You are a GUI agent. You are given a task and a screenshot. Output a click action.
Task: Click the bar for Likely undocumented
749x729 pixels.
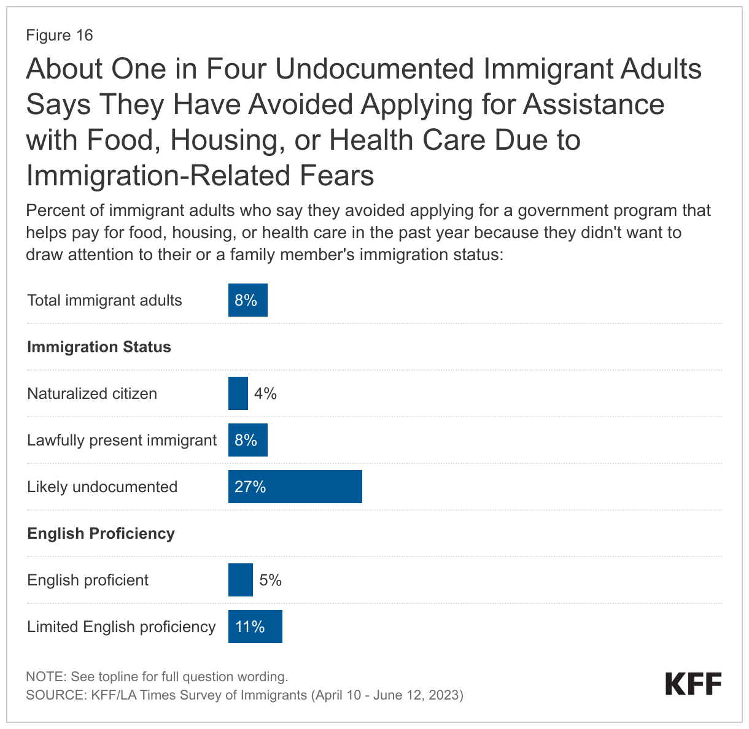295,487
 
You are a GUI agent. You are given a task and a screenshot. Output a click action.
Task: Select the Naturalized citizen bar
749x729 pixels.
238,393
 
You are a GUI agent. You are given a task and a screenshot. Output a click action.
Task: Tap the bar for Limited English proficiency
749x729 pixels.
255,627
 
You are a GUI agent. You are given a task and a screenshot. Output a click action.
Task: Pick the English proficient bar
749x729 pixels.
240,580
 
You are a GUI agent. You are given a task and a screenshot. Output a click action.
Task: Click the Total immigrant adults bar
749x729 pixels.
247,300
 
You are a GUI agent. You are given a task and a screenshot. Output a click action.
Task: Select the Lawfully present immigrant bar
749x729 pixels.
247,440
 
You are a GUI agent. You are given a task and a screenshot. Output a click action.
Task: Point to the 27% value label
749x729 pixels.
250,487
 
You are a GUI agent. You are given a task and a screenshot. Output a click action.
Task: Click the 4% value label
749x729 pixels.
265,393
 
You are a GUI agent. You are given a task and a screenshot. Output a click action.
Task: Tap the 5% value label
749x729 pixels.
270,580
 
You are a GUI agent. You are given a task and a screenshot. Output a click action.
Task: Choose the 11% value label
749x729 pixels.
250,627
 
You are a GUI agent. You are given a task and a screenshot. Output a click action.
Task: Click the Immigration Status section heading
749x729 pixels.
99,347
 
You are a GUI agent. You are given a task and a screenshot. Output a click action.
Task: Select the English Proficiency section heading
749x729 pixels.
101,533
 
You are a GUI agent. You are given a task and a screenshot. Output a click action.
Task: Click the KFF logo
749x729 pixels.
693,684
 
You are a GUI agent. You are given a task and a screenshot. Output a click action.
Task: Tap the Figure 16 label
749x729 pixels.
59,35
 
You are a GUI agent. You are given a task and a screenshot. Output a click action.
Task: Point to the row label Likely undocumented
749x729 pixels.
102,487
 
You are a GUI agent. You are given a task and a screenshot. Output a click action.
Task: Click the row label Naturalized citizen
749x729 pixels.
92,393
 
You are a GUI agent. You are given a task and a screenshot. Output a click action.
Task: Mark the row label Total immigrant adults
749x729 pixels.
104,300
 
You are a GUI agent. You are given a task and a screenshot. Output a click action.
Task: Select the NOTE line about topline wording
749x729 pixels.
157,677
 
